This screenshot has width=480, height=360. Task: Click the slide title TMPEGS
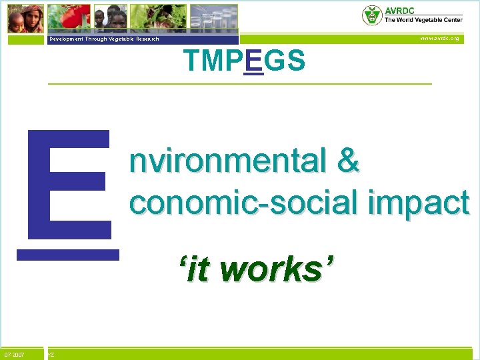coord(245,61)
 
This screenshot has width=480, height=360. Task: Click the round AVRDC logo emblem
coord(371,15)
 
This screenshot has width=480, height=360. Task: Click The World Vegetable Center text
coord(423,20)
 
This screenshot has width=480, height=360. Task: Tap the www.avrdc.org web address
coord(439,39)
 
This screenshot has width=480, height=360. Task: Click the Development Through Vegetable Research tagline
coord(103,39)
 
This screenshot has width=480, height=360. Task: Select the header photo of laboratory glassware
coord(213,17)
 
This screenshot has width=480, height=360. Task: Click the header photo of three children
coord(110,17)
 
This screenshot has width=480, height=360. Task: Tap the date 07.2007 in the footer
coord(14,355)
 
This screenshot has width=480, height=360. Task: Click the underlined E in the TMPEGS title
coord(254,61)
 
